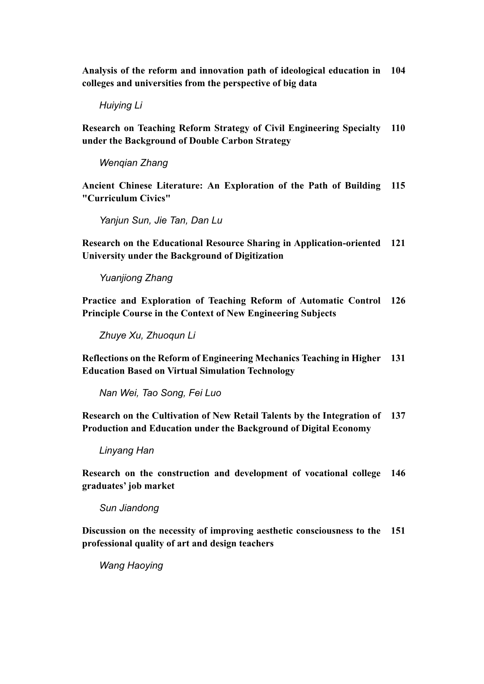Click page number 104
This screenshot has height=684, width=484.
click(x=398, y=71)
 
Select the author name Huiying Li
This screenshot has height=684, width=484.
click(x=121, y=105)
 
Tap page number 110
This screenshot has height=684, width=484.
click(x=398, y=128)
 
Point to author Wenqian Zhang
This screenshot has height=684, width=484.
click(x=133, y=163)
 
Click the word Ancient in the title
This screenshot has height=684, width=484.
click(x=98, y=186)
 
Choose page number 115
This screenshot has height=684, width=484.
click(x=398, y=186)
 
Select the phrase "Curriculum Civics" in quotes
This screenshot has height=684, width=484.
click(x=126, y=198)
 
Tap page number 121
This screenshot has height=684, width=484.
click(x=398, y=243)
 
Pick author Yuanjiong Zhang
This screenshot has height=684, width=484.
click(x=136, y=278)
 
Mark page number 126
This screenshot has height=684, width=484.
click(x=398, y=301)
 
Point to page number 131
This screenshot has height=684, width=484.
click(x=398, y=358)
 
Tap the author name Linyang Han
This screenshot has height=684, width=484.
click(x=126, y=451)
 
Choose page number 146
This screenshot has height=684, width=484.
click(x=398, y=473)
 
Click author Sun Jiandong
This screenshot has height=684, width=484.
click(x=129, y=508)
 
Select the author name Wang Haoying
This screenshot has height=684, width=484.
click(x=131, y=566)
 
